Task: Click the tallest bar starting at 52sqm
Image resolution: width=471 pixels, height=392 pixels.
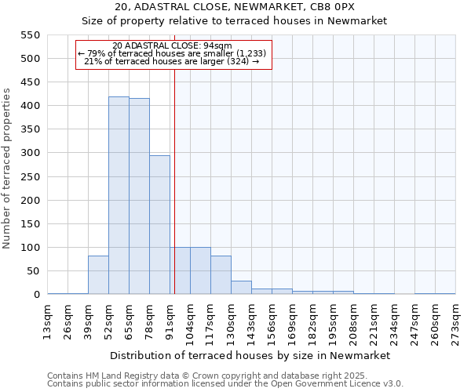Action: pyautogui.click(x=119, y=196)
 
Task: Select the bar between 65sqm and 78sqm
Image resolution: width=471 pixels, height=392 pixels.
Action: pyautogui.click(x=139, y=197)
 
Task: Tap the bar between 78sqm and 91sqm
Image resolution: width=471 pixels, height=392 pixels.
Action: pyautogui.click(x=159, y=225)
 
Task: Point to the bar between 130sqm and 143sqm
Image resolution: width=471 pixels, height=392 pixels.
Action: pyautogui.click(x=241, y=288)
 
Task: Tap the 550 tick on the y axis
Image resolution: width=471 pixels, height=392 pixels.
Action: pyautogui.click(x=30, y=35)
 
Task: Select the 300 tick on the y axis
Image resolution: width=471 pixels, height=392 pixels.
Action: pyautogui.click(x=30, y=153)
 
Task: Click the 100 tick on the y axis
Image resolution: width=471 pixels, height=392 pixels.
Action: pyautogui.click(x=30, y=248)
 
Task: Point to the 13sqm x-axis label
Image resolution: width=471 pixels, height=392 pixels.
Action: pyautogui.click(x=48, y=319)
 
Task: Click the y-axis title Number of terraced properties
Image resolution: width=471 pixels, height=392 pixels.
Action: pyautogui.click(x=8, y=169)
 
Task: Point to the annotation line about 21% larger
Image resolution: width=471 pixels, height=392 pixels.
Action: pyautogui.click(x=172, y=61)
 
